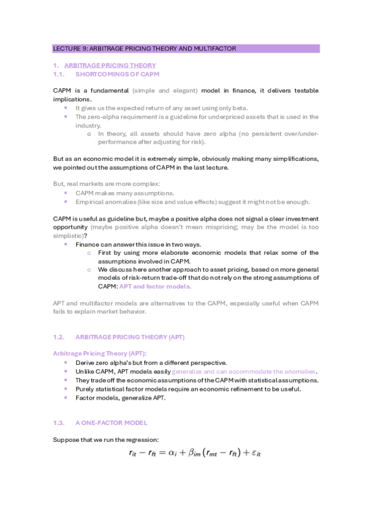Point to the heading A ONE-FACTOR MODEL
[111, 423]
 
